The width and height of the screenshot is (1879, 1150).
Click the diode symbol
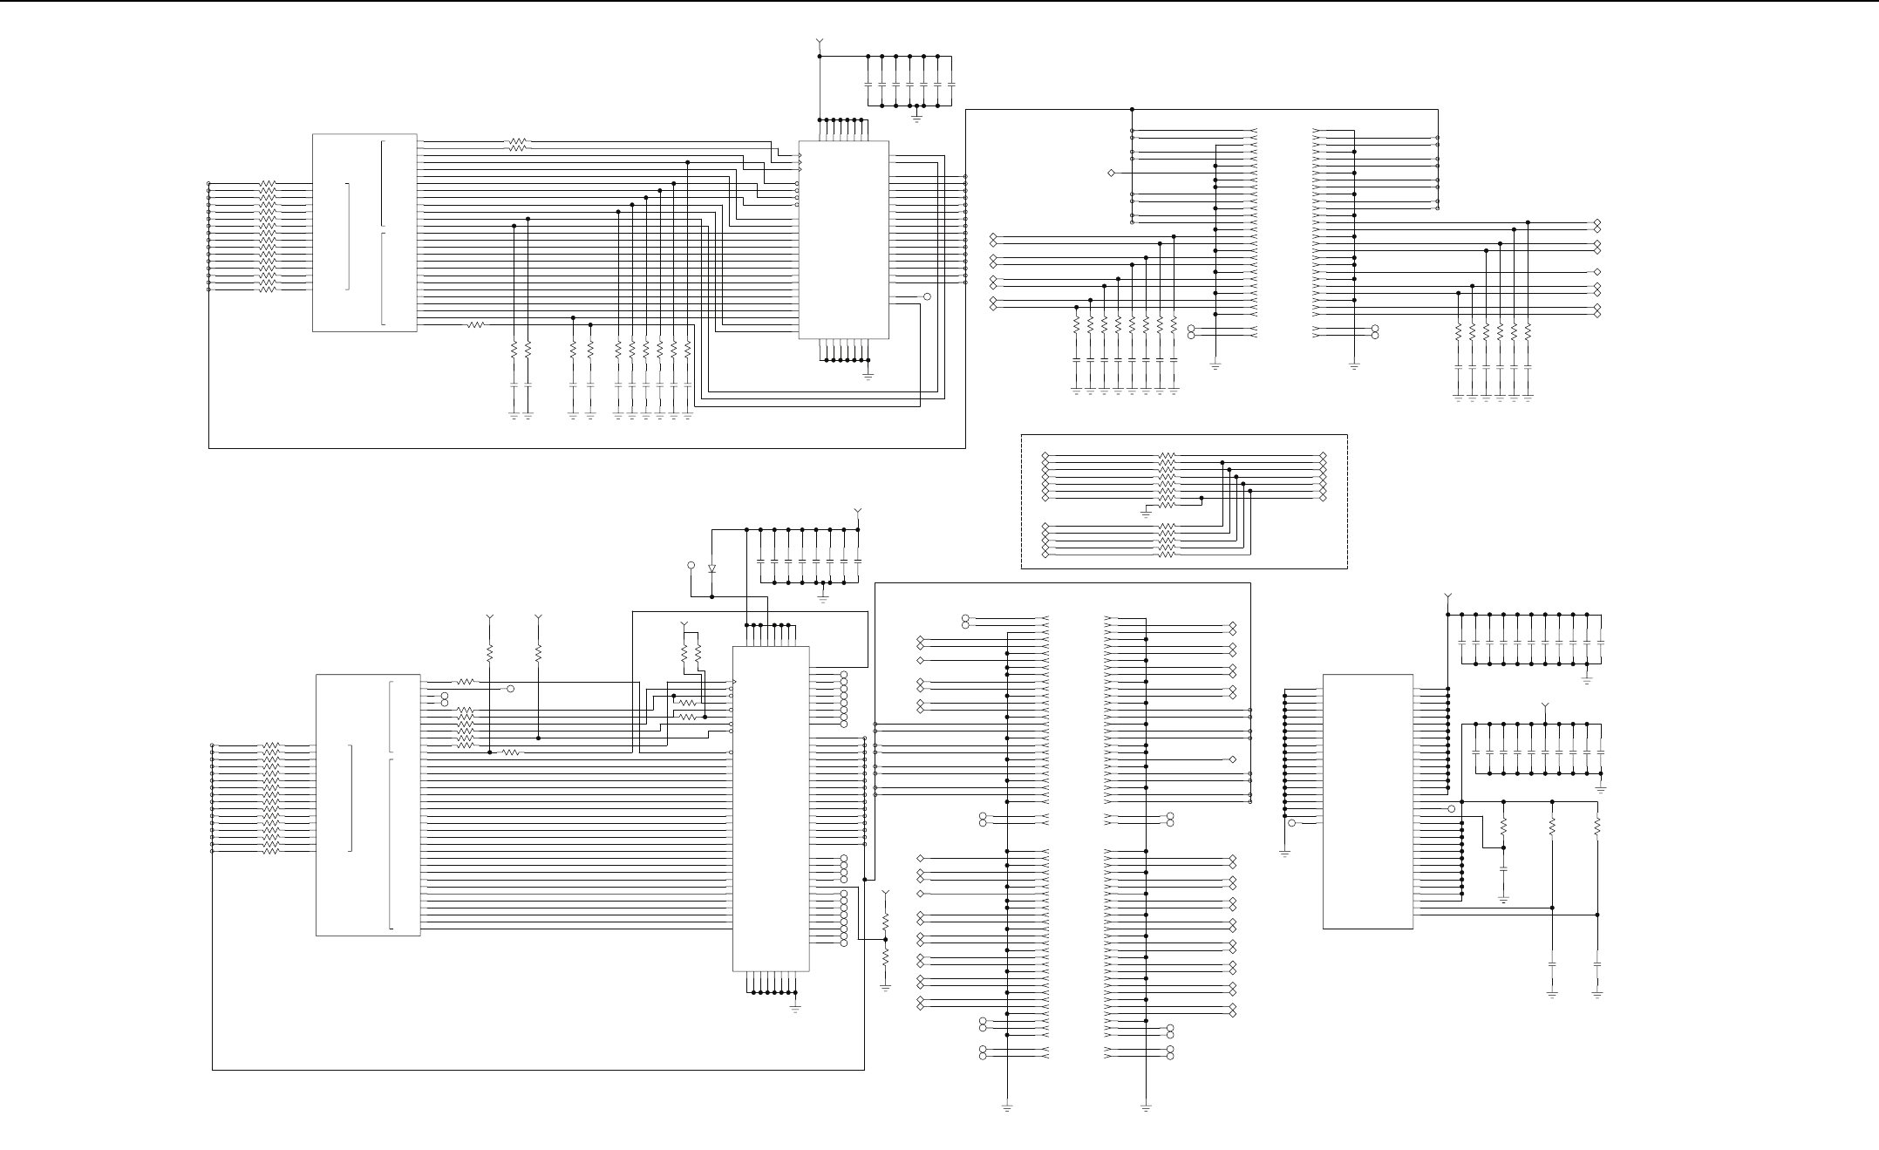[x=712, y=568]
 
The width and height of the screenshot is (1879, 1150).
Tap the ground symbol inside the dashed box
[x=1146, y=514]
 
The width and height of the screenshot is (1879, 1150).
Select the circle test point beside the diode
[x=691, y=566]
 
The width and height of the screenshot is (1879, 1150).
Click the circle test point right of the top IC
[x=927, y=297]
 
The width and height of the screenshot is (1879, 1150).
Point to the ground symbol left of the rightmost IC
[x=1284, y=852]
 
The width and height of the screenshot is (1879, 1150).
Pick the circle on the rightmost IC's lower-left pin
[x=1292, y=823]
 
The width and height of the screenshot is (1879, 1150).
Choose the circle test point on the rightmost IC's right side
[x=1451, y=809]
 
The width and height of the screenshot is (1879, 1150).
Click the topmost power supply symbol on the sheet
[x=820, y=41]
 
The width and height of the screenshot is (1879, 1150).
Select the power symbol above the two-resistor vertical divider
[x=886, y=895]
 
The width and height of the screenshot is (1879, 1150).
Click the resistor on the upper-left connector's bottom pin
[x=475, y=325]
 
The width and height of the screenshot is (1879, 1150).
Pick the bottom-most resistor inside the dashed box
[x=1167, y=555]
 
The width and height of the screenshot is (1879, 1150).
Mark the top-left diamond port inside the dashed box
[x=1045, y=456]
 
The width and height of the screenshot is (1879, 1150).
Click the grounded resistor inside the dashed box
[x=1167, y=505]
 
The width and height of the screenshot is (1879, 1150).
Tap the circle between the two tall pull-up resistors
[x=511, y=689]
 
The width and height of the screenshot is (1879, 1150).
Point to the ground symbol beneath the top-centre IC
[x=868, y=375]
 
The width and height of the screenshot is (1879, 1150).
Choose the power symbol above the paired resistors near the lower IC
[x=684, y=624]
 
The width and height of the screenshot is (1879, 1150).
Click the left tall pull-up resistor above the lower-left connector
[x=490, y=652]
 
